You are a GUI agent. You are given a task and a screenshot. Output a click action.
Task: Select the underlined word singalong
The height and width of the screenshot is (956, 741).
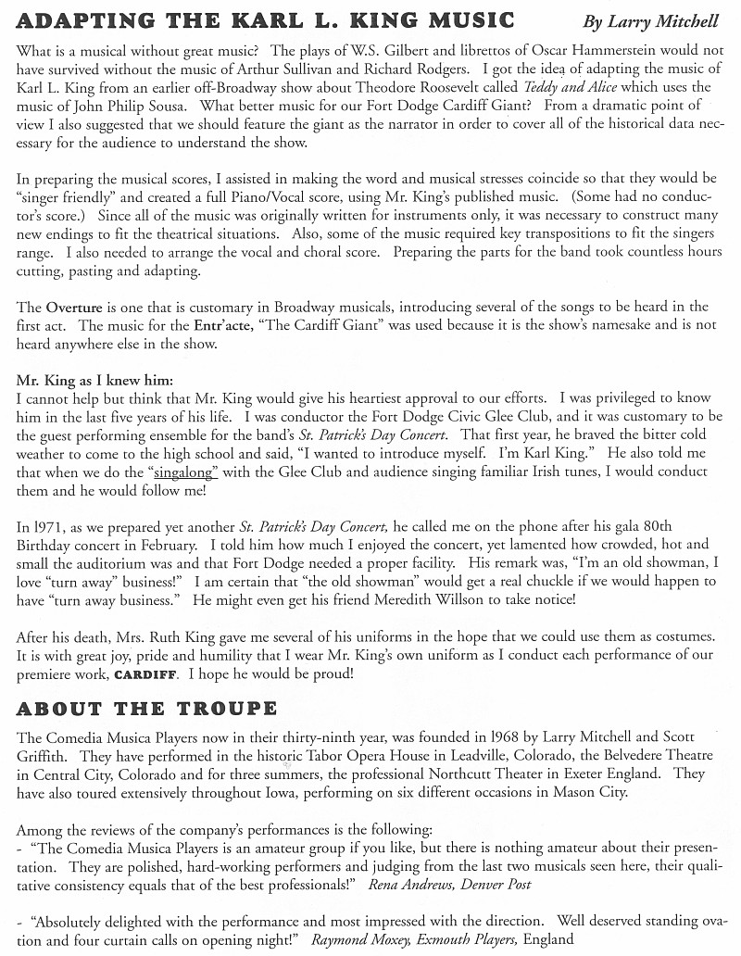pos(182,472)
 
